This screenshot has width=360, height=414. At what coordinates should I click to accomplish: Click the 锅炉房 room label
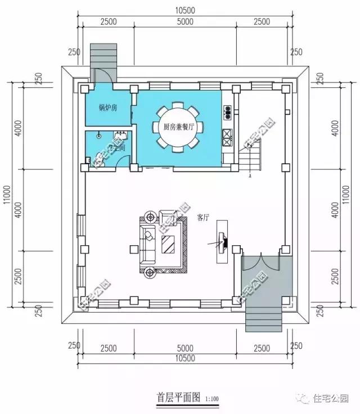click(107, 107)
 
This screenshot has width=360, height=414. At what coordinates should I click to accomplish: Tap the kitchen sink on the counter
click(228, 111)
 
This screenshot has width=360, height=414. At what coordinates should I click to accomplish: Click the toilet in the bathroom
click(98, 136)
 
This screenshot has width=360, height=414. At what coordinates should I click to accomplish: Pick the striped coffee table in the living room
click(168, 244)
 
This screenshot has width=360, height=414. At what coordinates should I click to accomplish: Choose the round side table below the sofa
click(150, 272)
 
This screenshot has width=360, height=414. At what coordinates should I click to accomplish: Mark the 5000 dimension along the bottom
click(184, 349)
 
